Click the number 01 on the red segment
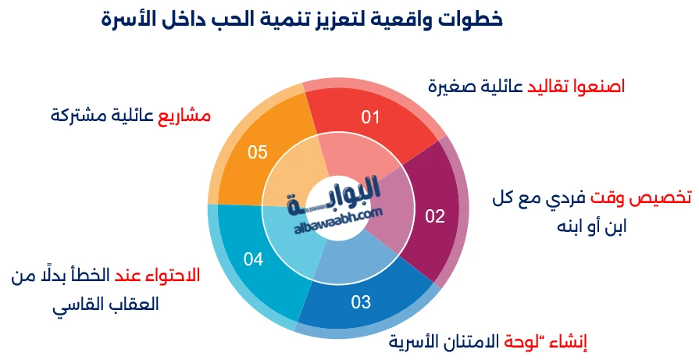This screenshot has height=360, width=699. [370, 117]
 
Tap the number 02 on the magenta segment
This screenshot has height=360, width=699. [434, 216]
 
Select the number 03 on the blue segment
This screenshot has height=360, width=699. [360, 301]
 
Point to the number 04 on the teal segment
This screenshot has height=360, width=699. [253, 259]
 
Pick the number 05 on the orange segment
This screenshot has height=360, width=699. [258, 152]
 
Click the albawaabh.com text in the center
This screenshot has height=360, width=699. [339, 219]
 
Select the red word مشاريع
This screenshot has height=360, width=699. [185, 116]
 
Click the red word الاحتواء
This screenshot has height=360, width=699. [173, 275]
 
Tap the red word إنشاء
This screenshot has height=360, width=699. [575, 341]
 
